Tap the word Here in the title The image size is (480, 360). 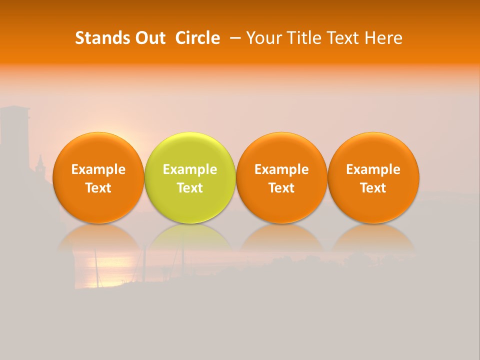click(383, 38)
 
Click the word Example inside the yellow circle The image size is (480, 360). click(190, 169)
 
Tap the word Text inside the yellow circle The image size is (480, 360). click(190, 188)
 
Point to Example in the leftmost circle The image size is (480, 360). click(98, 169)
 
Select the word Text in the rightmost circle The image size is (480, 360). click(373, 188)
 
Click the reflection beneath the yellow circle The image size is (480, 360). click(190, 239)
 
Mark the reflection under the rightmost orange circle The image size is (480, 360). click(373, 239)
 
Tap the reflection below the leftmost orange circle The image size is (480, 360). click(98, 239)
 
